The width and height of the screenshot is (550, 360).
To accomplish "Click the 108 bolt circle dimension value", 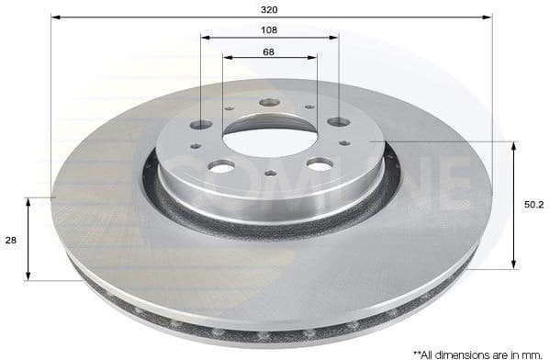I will point(269,29).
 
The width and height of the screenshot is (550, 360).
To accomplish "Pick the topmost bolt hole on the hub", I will point(269,103).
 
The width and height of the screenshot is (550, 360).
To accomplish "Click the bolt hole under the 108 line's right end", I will point(338,121).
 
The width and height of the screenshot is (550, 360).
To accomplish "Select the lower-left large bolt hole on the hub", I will point(221,166).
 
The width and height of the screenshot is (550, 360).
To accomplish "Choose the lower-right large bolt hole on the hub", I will point(319,163).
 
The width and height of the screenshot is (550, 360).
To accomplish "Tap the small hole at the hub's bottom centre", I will point(270,173).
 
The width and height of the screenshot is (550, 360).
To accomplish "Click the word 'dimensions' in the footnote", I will point(465,352).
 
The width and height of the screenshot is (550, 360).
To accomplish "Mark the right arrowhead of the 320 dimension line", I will point(489,16).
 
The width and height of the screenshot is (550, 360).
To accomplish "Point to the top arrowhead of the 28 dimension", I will point(29,200).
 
